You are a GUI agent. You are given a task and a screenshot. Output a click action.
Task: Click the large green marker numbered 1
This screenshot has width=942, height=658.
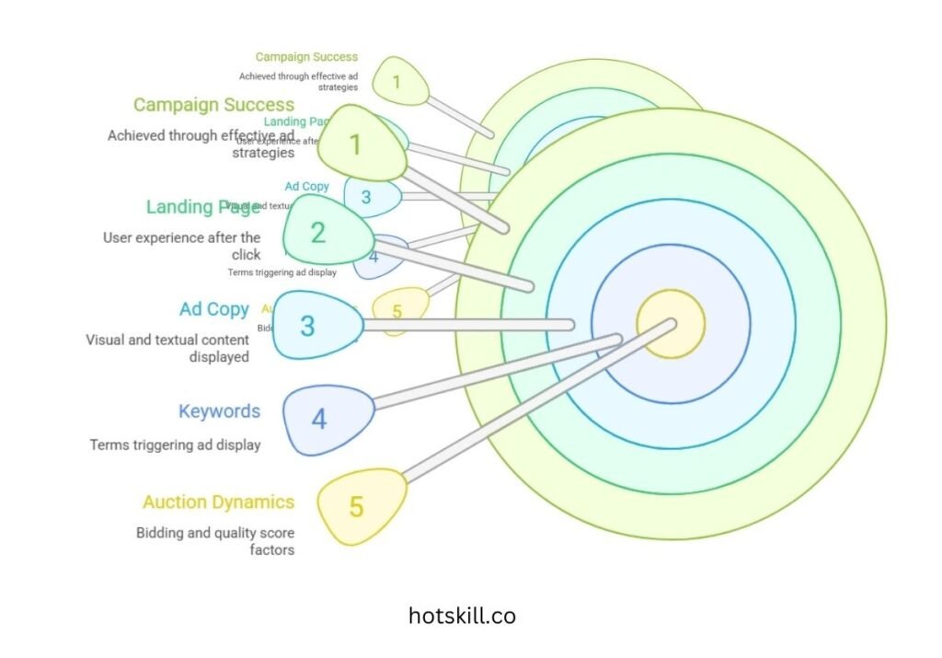click(364, 144)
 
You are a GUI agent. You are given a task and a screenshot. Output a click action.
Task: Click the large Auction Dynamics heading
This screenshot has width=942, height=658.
click(218, 502)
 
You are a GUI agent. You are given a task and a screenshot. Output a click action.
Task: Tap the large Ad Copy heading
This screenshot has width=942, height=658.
click(214, 309)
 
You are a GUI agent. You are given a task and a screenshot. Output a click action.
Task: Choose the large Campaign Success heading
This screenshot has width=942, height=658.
click(213, 105)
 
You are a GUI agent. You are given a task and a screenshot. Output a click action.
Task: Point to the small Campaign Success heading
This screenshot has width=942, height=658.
click(306, 57)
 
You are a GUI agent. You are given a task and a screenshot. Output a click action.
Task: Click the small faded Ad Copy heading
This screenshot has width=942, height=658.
click(307, 187)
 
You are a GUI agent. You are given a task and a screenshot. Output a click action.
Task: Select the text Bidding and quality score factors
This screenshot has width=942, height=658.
click(215, 541)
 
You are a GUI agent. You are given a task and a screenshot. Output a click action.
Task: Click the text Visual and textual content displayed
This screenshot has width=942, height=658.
click(167, 348)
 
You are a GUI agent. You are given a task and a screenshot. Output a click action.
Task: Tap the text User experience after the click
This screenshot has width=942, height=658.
click(182, 246)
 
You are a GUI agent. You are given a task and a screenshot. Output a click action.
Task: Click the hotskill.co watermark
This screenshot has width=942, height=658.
click(462, 616)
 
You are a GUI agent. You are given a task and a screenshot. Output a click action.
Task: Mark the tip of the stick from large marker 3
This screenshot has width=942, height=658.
click(569, 324)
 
